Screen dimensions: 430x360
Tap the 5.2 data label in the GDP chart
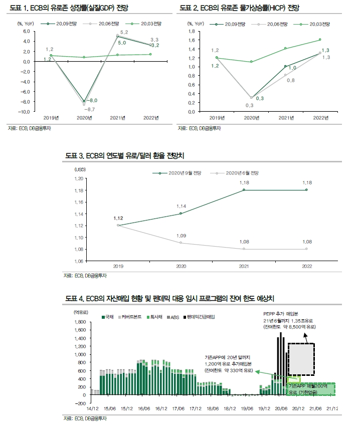pos(124,33)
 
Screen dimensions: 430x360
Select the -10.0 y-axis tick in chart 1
pos(24,111)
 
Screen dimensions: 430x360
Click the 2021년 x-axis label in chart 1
pos(118,118)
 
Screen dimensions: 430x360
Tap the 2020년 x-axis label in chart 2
pos(252,118)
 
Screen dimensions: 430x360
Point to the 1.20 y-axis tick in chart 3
pos(78,178)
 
